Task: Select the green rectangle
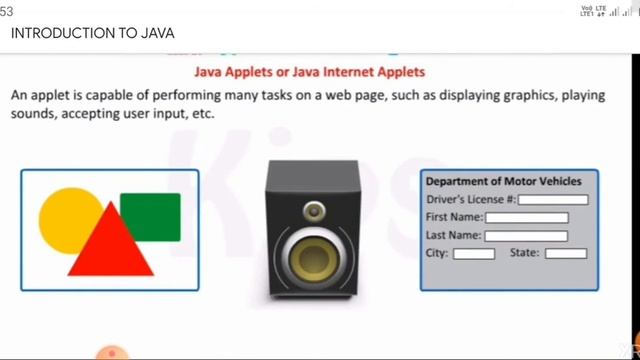pyautogui.click(x=151, y=215)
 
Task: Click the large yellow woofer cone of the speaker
pyautogui.click(x=311, y=256)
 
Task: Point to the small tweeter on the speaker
pyautogui.click(x=313, y=211)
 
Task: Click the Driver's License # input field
pyautogui.click(x=553, y=200)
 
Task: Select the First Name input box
pyautogui.click(x=526, y=218)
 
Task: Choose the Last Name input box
pyautogui.click(x=526, y=236)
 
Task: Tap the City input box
pyautogui.click(x=474, y=254)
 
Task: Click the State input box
pyautogui.click(x=565, y=254)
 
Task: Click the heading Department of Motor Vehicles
pyautogui.click(x=503, y=182)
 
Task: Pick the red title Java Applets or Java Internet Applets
pyautogui.click(x=308, y=72)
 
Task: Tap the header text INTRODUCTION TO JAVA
pyautogui.click(x=79, y=33)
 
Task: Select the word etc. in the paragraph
pyautogui.click(x=203, y=114)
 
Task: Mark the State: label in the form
pyautogui.click(x=524, y=253)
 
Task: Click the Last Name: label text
pyautogui.click(x=453, y=236)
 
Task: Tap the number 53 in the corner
pyautogui.click(x=6, y=9)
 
